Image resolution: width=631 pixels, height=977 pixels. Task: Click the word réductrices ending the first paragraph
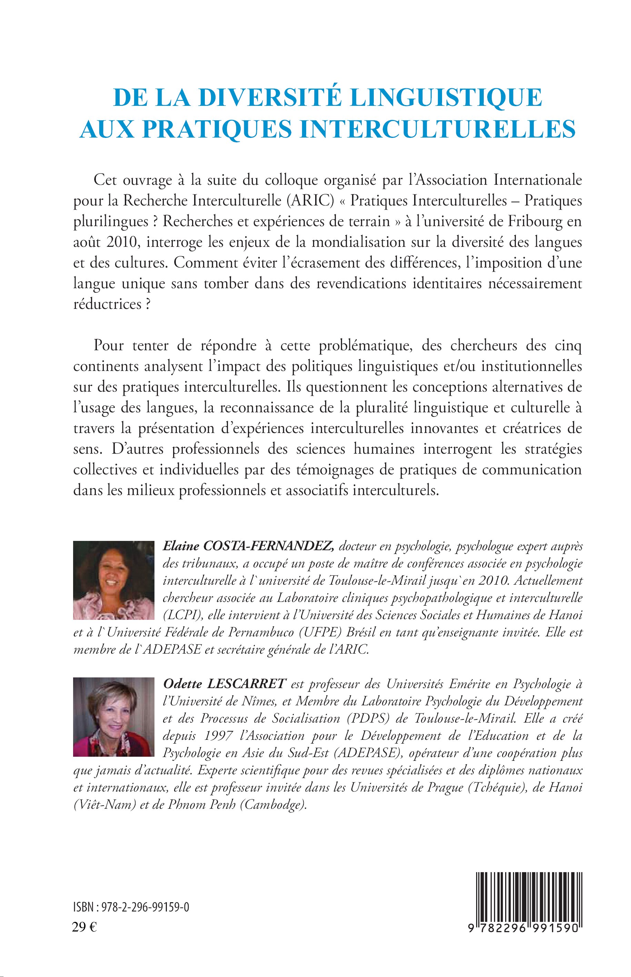(107, 304)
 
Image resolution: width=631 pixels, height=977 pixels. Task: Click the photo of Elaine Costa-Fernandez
(113, 580)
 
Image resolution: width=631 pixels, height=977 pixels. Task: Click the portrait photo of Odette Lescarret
(113, 716)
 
